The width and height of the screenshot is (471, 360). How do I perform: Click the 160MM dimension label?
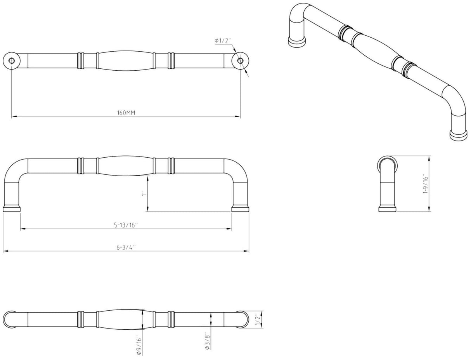126,113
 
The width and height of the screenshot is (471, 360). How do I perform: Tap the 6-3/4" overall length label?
126,248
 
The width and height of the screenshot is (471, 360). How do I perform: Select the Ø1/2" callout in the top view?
223,41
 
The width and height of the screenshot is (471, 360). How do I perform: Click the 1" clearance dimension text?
144,193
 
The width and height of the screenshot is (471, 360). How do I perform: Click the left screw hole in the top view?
12,61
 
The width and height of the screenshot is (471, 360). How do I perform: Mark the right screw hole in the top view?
240,61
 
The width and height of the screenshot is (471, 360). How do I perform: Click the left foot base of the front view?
12,209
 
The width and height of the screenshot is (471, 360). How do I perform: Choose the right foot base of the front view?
240,209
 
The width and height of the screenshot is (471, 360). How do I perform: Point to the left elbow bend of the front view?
14,169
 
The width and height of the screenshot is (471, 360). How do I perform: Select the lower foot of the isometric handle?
458,135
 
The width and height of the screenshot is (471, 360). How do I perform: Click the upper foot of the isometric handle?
297,41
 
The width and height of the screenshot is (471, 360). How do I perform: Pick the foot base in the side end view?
388,209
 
